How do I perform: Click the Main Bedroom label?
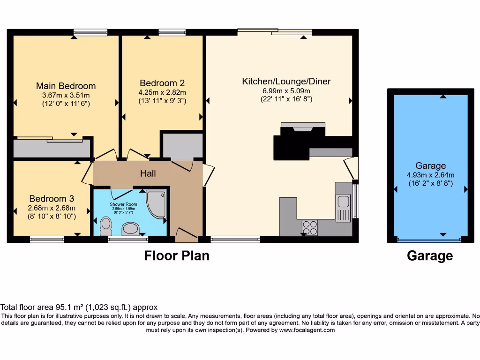(x=66, y=86)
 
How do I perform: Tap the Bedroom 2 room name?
(x=158, y=83)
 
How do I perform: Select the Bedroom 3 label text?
(x=52, y=199)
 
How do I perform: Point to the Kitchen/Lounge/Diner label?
(x=286, y=82)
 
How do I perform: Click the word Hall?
(x=148, y=173)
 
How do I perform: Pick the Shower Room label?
(x=121, y=204)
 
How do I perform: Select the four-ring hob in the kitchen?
(x=309, y=227)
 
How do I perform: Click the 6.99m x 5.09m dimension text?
(x=286, y=91)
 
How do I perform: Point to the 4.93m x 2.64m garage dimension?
(x=430, y=175)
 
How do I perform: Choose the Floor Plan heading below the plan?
(x=176, y=256)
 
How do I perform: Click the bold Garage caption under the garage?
(x=430, y=256)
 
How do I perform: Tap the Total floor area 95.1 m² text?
(x=79, y=307)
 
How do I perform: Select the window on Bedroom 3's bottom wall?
(x=47, y=239)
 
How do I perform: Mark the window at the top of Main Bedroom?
(x=90, y=32)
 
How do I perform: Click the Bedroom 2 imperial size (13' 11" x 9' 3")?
(x=163, y=100)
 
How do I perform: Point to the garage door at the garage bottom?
(x=429, y=240)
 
